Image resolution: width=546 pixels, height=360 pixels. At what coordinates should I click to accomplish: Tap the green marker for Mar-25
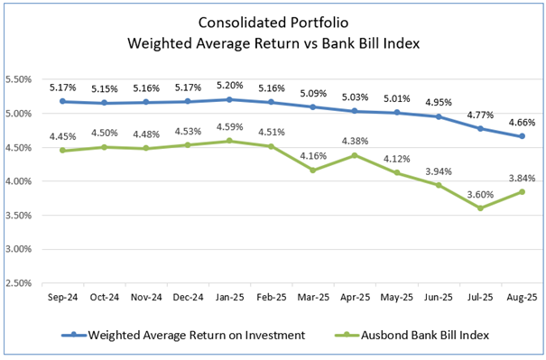pyautogui.click(x=313, y=170)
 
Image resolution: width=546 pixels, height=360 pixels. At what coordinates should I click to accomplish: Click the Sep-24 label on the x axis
pyautogui.click(x=61, y=295)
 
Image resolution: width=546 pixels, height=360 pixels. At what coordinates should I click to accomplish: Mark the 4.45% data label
pyautogui.click(x=61, y=135)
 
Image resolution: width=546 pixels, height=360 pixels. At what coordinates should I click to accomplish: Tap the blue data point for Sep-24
pyautogui.click(x=61, y=102)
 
